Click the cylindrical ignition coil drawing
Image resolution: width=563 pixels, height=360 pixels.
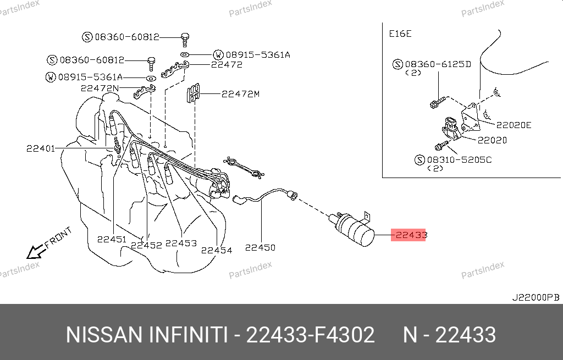tap(352, 228)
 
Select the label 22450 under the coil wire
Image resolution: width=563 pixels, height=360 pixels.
tap(260, 247)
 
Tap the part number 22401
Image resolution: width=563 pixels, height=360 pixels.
tap(41, 148)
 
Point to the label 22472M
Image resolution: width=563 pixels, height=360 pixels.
tap(240, 94)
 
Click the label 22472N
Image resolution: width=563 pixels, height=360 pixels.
tap(100, 88)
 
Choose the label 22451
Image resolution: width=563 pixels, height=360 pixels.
tap(112, 239)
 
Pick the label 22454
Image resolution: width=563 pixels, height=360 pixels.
tap(217, 250)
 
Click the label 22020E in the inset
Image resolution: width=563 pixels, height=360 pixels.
tap(514, 125)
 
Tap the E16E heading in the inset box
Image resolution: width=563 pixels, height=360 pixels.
tap(400, 34)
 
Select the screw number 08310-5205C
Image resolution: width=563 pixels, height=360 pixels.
tap(459, 160)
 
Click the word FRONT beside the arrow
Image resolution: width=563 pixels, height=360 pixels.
tap(58, 237)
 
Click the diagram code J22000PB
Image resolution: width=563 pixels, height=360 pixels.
tap(536, 297)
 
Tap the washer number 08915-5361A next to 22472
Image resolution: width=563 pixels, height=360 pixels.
tap(258, 55)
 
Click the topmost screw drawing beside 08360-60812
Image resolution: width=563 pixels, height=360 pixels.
tap(185, 39)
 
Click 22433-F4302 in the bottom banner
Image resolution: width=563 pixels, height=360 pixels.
tap(310, 335)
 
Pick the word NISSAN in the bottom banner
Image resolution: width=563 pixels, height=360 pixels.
tap(104, 335)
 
